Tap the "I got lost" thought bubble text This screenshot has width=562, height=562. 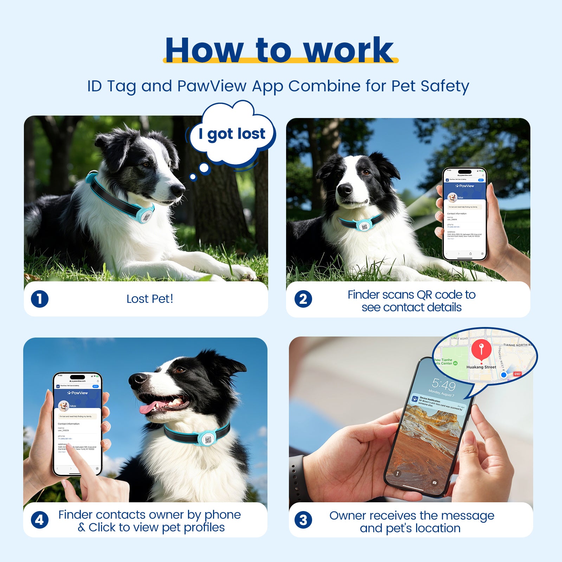[232, 134]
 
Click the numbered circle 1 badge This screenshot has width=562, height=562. [40, 299]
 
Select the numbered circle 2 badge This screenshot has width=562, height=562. [303, 299]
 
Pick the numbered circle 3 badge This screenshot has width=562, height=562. [303, 520]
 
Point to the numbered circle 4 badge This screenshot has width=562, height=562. [40, 520]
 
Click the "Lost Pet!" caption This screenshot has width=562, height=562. [150, 299]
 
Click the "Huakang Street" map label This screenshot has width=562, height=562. [481, 367]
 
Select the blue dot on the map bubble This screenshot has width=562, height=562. [503, 375]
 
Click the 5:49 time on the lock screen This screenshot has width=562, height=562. [444, 385]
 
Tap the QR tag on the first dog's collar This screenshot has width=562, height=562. [147, 216]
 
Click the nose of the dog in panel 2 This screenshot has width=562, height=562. [344, 190]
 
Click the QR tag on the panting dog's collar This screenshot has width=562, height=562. [208, 439]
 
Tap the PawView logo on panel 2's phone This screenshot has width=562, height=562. [465, 186]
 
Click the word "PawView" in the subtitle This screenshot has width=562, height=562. [212, 86]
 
